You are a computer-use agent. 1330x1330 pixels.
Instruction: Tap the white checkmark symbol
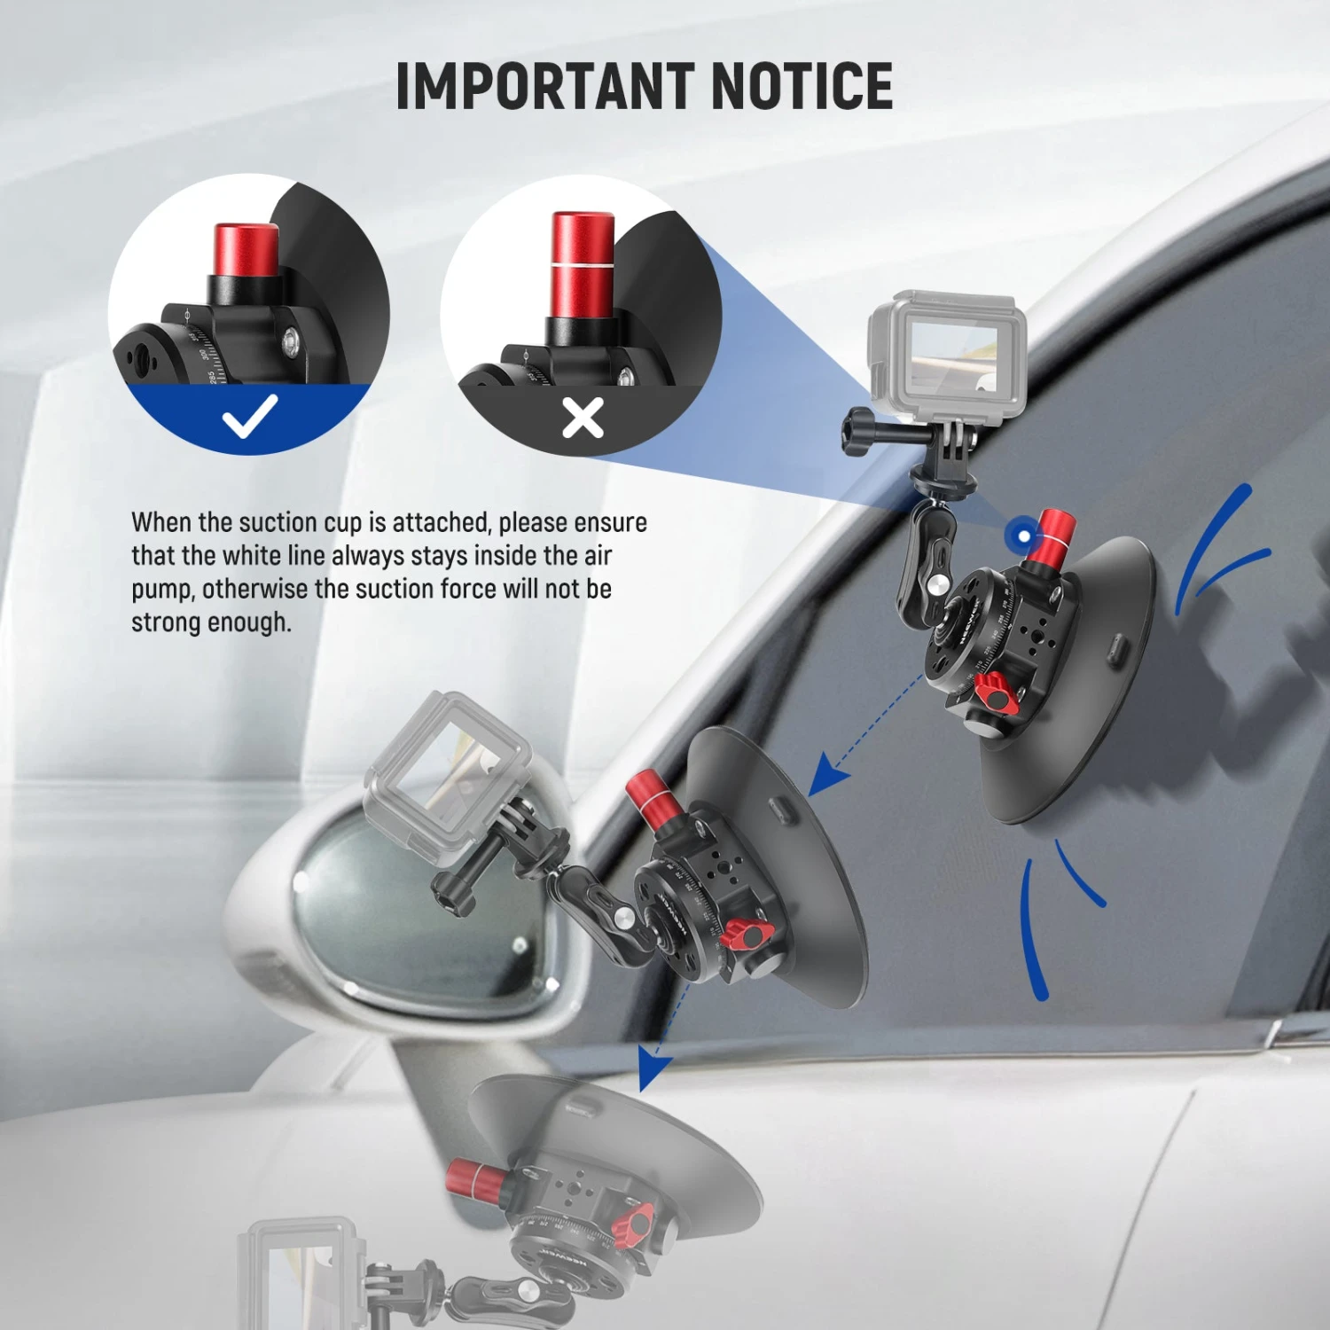point(250,416)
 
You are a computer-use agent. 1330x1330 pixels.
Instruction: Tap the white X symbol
point(583,418)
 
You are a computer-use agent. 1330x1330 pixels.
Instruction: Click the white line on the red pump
point(582,264)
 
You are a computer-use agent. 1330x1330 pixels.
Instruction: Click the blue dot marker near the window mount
point(1024,536)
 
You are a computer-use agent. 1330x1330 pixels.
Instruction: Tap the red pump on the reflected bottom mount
point(475,1179)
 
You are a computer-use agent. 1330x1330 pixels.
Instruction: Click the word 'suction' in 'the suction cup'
point(278,522)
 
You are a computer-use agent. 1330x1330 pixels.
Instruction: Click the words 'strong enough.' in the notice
point(211,622)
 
